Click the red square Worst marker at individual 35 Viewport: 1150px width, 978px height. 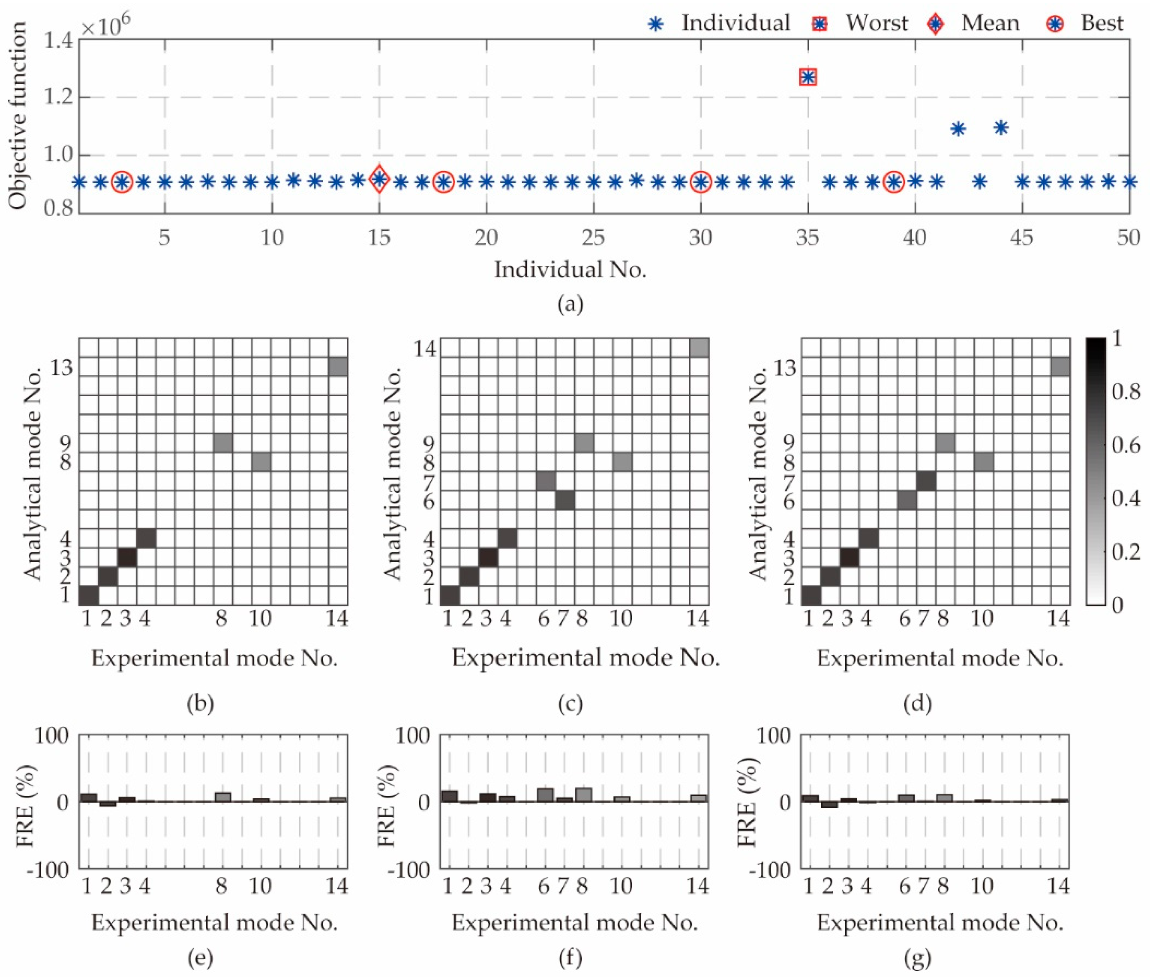[x=808, y=77]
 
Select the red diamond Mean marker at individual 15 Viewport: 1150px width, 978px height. [x=379, y=179]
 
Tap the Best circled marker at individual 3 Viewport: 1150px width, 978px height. [x=122, y=182]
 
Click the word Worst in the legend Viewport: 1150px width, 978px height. [x=877, y=23]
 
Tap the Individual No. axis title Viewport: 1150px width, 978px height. [x=571, y=270]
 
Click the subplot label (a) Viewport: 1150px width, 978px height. [x=571, y=304]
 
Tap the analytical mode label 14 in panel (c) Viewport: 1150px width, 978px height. [x=425, y=349]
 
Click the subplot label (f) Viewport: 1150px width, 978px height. [x=571, y=958]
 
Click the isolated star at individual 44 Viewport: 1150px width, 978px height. [x=1001, y=128]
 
